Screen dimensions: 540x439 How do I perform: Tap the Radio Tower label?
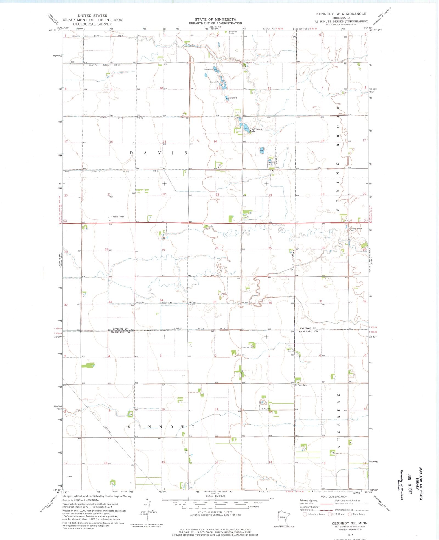[118, 217]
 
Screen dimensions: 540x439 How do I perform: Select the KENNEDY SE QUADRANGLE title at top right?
[341, 14]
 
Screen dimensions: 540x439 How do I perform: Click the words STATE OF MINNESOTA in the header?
[215, 19]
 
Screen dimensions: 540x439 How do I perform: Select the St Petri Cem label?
[301, 385]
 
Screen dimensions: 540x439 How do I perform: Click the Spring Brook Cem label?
[355, 229]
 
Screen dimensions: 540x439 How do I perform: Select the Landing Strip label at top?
[233, 32]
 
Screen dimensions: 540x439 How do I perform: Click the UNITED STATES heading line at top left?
[92, 16]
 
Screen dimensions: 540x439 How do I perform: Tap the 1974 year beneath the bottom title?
[350, 534]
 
